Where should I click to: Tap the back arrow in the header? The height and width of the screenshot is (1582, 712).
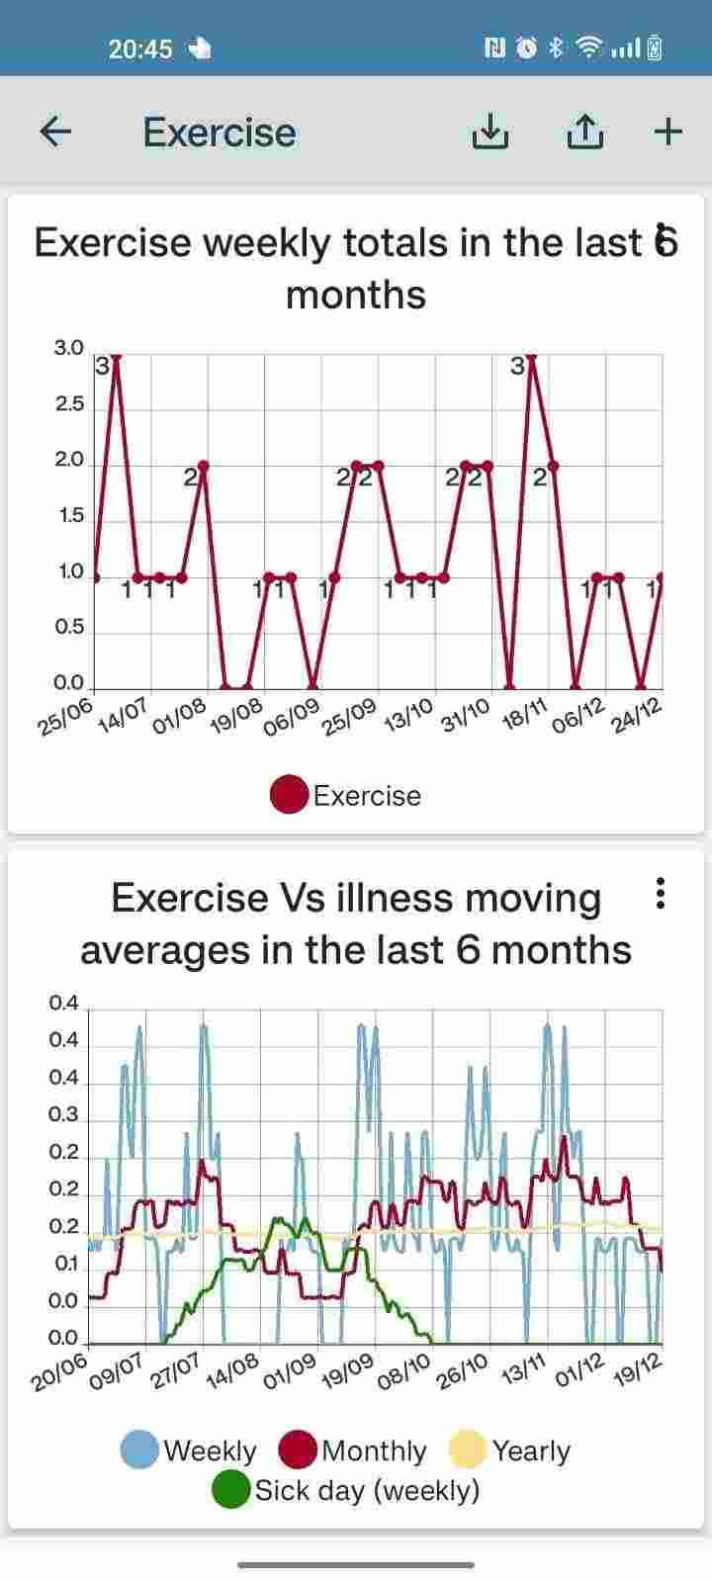55,132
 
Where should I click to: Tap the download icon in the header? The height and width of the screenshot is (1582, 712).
489,132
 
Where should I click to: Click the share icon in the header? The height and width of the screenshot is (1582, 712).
584,132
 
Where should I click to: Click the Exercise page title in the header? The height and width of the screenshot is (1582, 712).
220,132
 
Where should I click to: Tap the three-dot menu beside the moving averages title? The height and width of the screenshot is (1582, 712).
661,894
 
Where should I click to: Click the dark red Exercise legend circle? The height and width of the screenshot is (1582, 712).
289,796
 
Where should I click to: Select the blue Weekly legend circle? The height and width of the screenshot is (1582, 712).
139,1450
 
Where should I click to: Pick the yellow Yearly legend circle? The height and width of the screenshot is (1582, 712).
468,1450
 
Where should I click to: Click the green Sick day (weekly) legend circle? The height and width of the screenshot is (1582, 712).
232,1490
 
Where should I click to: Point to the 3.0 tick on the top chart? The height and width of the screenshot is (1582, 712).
68,348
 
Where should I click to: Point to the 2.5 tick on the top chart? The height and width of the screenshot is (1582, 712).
68,404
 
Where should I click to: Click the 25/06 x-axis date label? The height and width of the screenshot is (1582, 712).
64,716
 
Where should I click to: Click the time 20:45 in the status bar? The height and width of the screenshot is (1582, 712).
140,48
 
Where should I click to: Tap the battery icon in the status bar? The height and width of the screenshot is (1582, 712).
654,47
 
